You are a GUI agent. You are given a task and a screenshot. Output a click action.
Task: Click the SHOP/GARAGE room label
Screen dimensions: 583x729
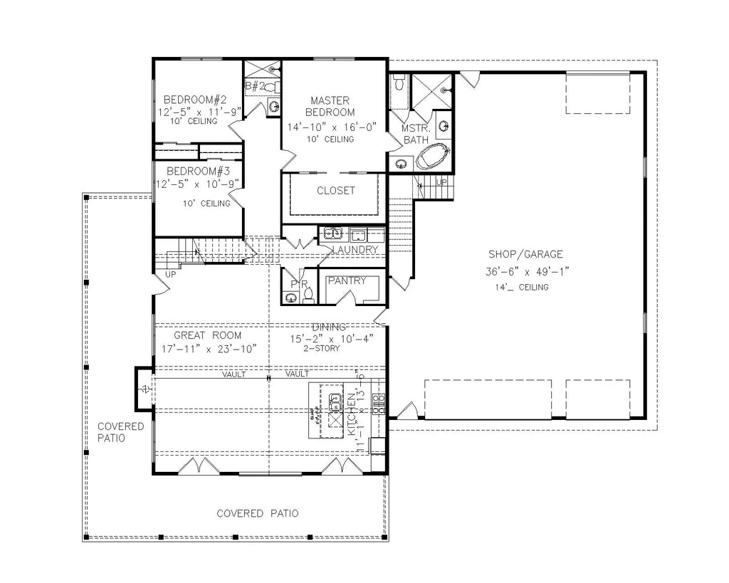point(525,254)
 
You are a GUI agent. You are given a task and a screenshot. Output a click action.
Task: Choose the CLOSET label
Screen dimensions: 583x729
point(335,191)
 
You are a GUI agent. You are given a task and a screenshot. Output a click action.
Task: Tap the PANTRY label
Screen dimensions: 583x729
point(347,280)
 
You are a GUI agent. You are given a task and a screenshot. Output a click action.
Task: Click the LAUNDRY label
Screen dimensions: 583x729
point(354,250)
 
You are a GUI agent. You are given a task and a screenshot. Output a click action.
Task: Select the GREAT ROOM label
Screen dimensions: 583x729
point(208,335)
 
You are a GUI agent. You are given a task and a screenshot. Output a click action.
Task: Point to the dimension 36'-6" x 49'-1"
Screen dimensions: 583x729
point(525,271)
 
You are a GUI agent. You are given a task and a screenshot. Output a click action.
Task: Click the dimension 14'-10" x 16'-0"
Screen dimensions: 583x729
point(332,127)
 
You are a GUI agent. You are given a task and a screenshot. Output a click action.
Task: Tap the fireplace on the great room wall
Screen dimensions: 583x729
point(145,389)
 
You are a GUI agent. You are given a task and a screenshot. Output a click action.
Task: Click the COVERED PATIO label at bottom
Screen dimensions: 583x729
point(257,513)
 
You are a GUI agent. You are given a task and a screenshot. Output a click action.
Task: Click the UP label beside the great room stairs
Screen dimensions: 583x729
point(170,273)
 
